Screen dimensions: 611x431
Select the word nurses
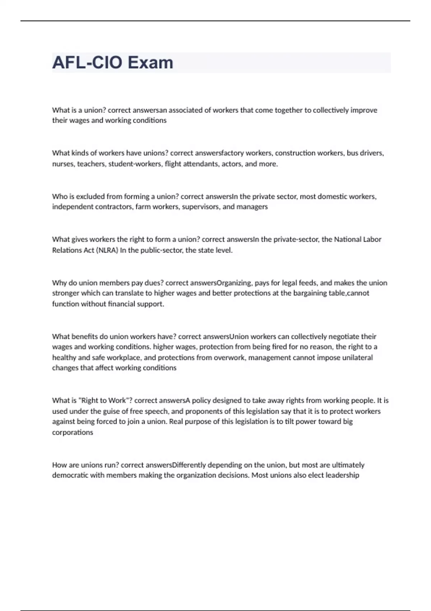click(x=63, y=164)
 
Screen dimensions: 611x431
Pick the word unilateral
click(x=353, y=358)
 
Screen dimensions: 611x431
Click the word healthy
click(x=64, y=358)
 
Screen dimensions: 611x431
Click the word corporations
click(x=73, y=432)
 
